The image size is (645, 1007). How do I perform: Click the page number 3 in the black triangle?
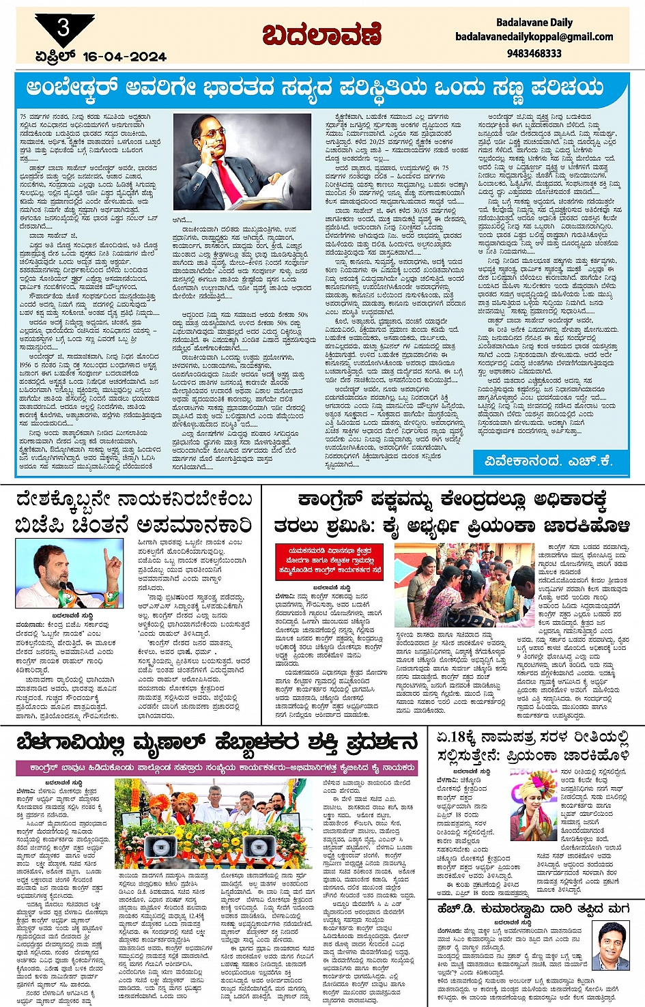pos(63,28)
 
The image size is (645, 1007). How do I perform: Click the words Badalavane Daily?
pos(534,23)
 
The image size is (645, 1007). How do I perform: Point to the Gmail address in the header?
pos(534,37)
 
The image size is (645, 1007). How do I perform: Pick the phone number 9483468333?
pos(534,53)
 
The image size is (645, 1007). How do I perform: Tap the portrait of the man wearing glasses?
pos(612,946)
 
